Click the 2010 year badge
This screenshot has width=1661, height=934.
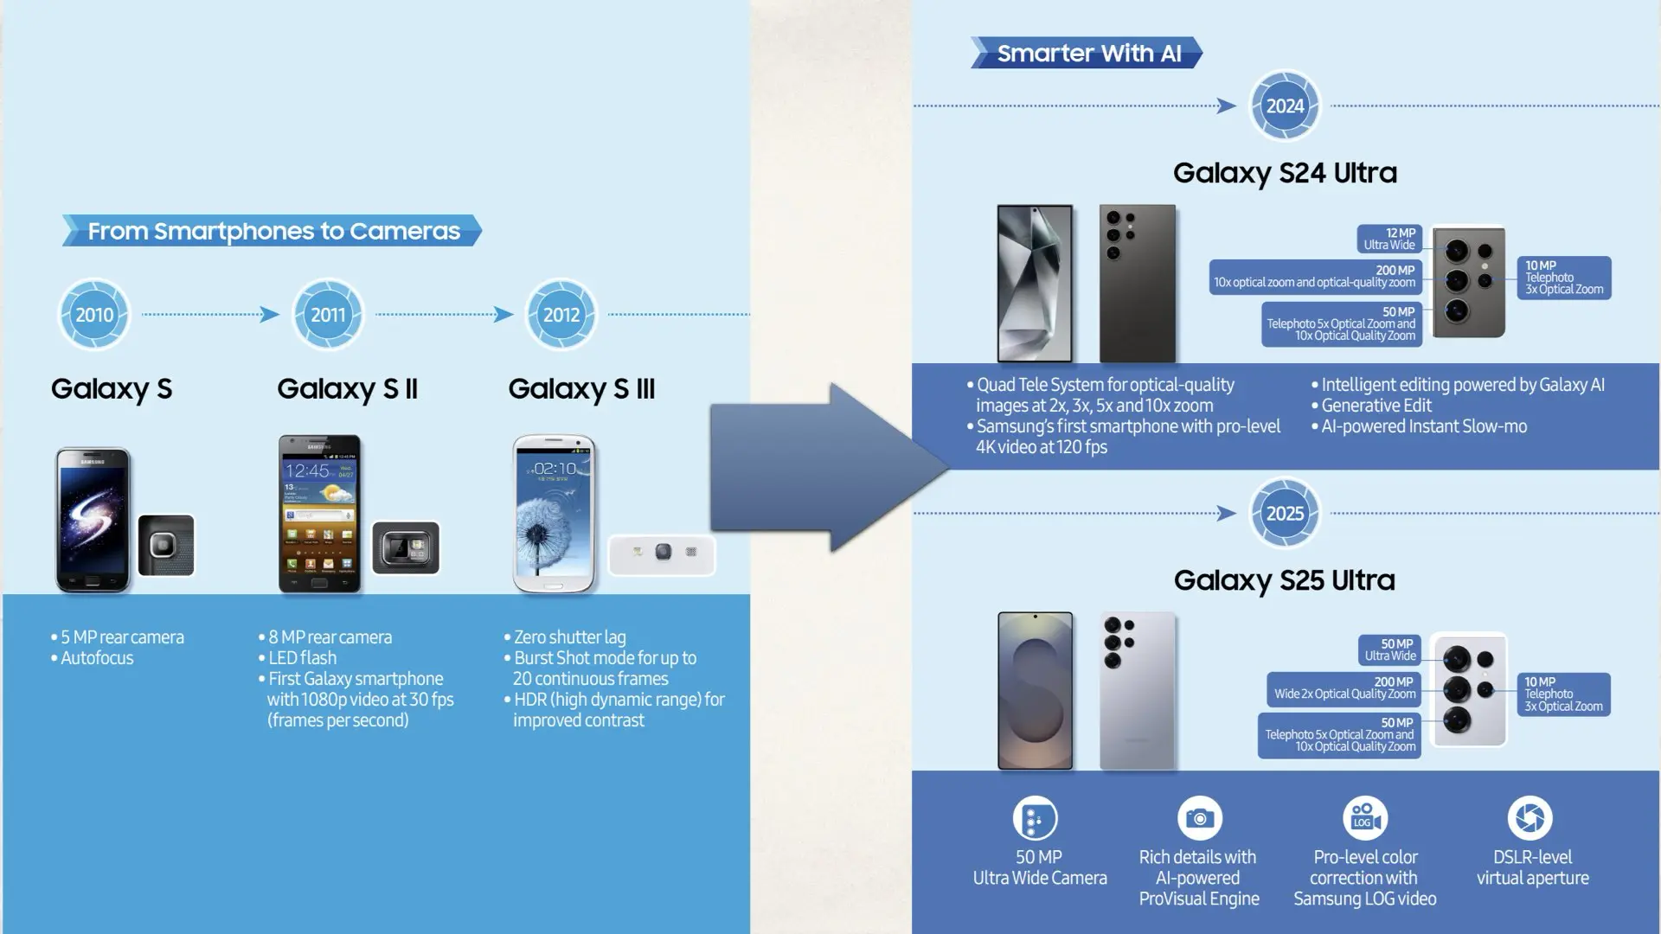(x=94, y=315)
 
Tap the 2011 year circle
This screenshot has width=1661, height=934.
(x=328, y=315)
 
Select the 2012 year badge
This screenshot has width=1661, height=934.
(x=561, y=315)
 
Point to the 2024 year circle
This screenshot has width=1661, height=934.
(x=1285, y=106)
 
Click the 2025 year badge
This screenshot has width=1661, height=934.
(x=1285, y=514)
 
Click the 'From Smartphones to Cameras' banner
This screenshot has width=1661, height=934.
(x=272, y=231)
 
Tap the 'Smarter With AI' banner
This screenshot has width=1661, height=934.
(x=1087, y=53)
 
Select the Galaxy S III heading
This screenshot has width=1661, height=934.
(x=581, y=389)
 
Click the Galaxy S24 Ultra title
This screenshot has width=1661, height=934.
(x=1285, y=173)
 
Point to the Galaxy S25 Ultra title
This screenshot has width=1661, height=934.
(x=1285, y=580)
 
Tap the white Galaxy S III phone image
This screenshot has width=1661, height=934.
(x=555, y=514)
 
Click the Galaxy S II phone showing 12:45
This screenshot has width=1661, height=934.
(x=319, y=514)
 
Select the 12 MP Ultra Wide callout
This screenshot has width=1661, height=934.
(x=1389, y=239)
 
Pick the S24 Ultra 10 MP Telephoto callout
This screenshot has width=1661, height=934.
(x=1564, y=278)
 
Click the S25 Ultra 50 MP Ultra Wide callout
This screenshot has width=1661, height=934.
(x=1389, y=649)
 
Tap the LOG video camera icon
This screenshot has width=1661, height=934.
(x=1365, y=818)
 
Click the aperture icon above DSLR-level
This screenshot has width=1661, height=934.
(x=1530, y=818)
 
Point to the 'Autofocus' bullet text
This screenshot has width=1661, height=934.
(x=97, y=658)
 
